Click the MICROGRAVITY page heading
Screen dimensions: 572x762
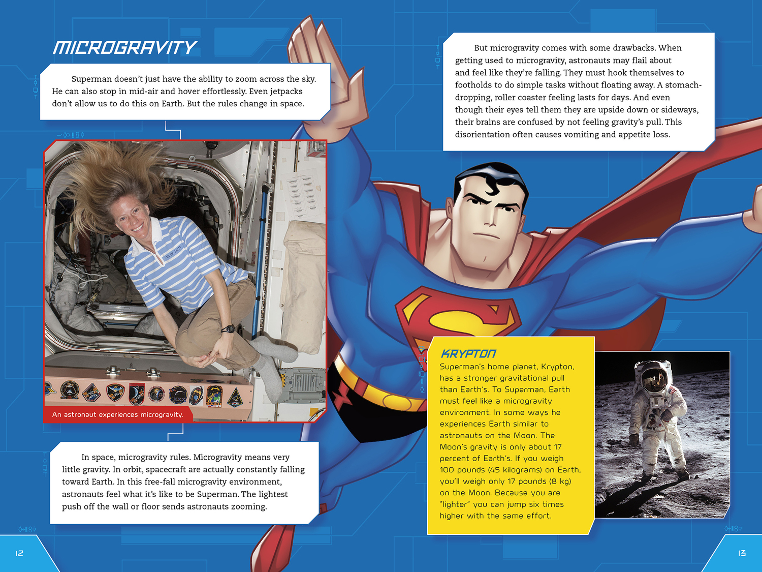(x=124, y=48)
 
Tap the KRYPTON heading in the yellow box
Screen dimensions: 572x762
(x=468, y=353)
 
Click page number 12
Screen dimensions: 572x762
(x=19, y=553)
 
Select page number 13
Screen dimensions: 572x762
(x=742, y=553)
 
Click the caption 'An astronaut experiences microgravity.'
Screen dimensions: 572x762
(x=117, y=414)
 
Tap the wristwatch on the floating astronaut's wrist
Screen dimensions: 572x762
(x=229, y=329)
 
